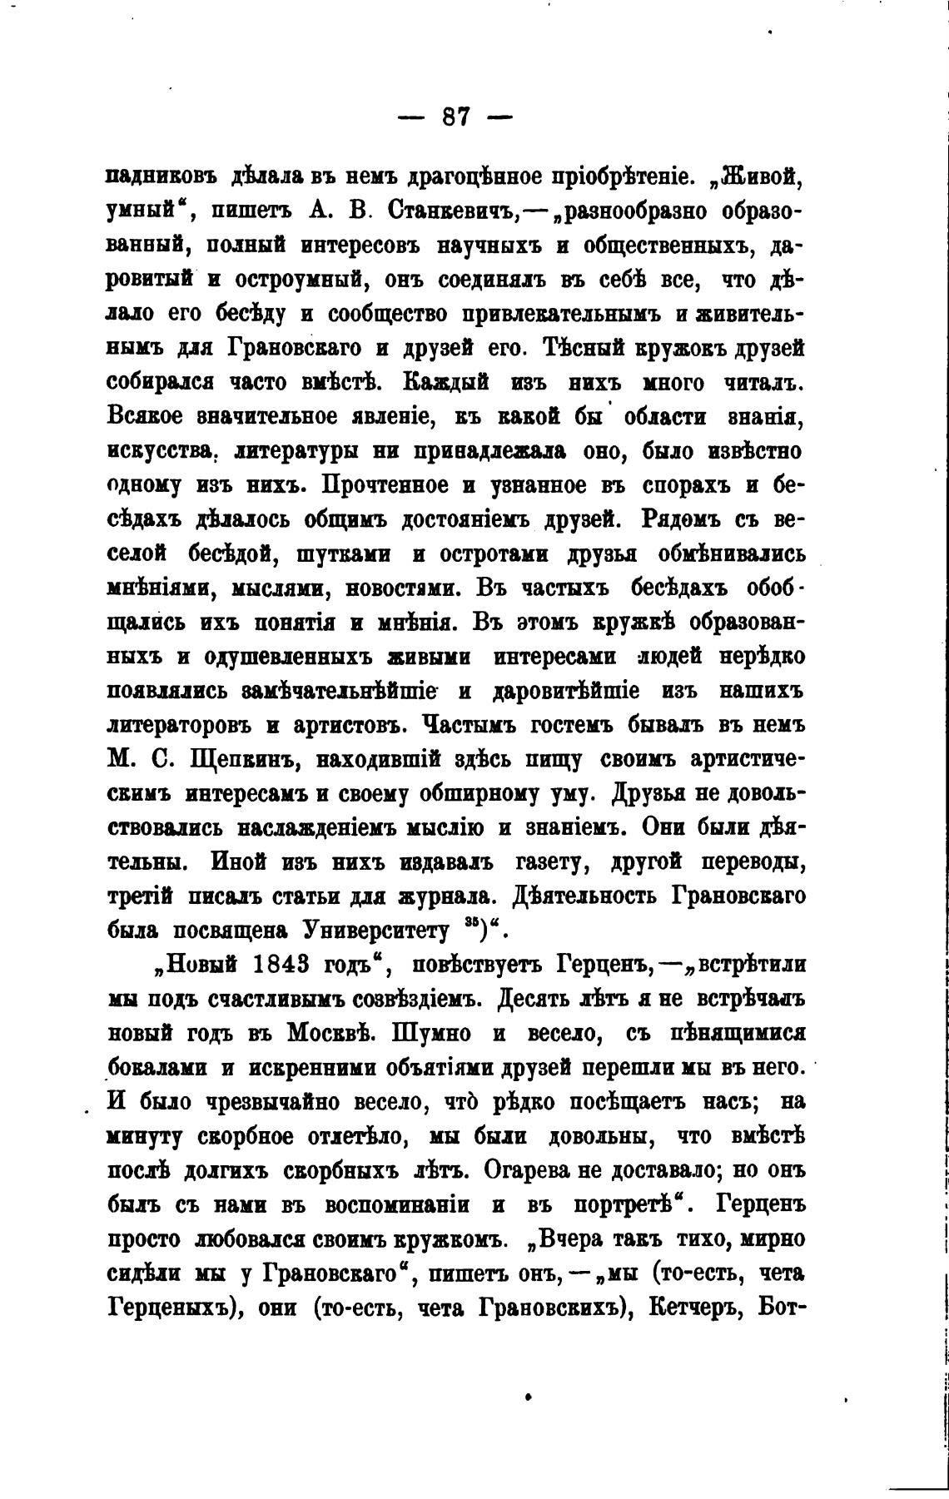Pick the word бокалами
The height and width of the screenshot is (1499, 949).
(x=159, y=1068)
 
